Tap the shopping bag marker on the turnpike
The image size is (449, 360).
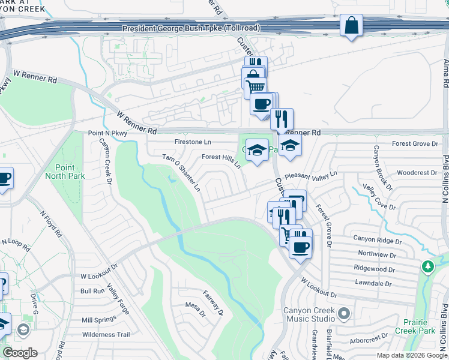351,26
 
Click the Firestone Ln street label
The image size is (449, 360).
193,142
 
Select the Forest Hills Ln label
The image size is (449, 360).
221,160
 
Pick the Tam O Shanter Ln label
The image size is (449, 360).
182,172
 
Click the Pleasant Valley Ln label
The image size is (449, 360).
312,175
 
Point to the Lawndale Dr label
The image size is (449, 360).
373,283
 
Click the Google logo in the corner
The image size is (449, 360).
20,353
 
